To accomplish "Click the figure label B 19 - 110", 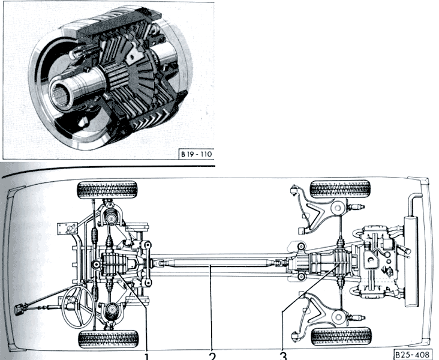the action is point(197,154).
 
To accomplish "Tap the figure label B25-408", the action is point(412,354).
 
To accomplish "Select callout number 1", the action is point(147,356).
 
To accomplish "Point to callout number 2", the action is point(212,356).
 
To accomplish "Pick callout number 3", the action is point(283,356).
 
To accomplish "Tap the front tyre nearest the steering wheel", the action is point(109,339).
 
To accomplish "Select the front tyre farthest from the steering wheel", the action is point(107,190).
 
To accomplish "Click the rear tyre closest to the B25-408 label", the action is point(342,337).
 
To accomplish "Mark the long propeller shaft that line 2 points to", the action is point(213,263).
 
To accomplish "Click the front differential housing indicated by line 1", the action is point(113,263).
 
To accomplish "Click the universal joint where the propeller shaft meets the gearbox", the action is point(278,263).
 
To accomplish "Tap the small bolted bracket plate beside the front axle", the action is point(67,229).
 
